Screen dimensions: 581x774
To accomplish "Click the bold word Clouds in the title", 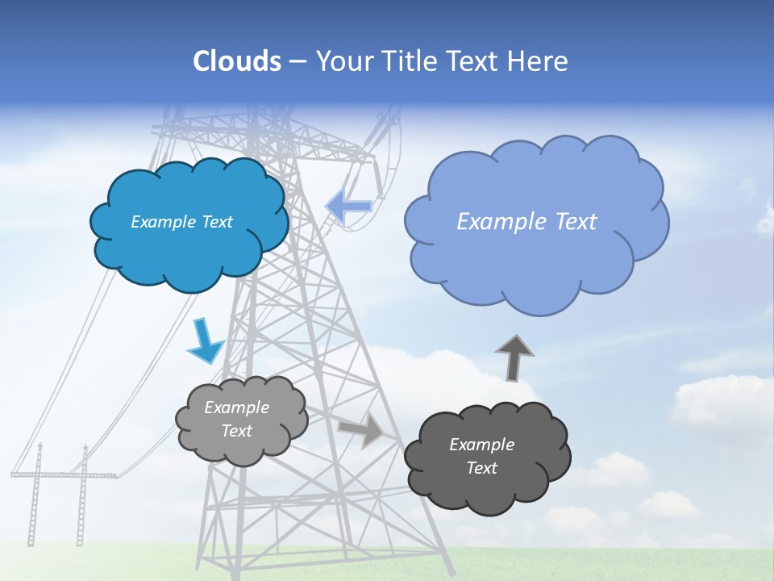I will pos(236,61).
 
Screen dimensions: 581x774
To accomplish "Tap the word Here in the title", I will pos(539,61).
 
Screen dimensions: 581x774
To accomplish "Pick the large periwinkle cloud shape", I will pos(536,266).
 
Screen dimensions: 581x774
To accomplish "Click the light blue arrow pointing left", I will pos(348,207).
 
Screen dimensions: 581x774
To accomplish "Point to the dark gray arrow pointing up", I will pos(514,357).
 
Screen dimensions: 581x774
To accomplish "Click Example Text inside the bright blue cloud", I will pos(181,222).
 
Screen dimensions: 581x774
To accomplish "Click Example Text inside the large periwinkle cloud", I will pos(526,222).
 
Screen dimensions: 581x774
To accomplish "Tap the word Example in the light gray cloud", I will pos(236,408).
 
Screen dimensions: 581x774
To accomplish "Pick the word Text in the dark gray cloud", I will pos(481,468).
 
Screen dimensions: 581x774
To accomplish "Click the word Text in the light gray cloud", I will pos(236,431).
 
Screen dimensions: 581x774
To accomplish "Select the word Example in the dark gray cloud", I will pos(481,445).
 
